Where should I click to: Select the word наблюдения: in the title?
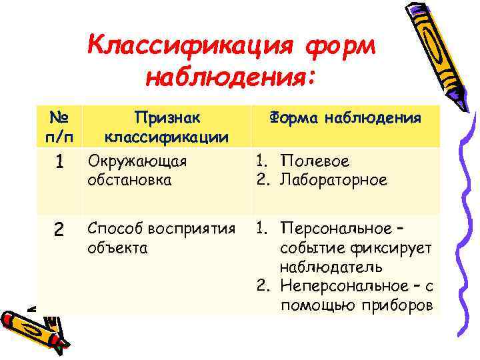click(x=230, y=78)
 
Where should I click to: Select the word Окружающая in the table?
click(x=137, y=161)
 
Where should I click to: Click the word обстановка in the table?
click(x=129, y=180)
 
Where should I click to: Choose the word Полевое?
click(x=315, y=161)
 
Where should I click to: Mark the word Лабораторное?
click(x=333, y=180)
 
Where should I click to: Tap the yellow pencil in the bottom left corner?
click(x=30, y=327)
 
